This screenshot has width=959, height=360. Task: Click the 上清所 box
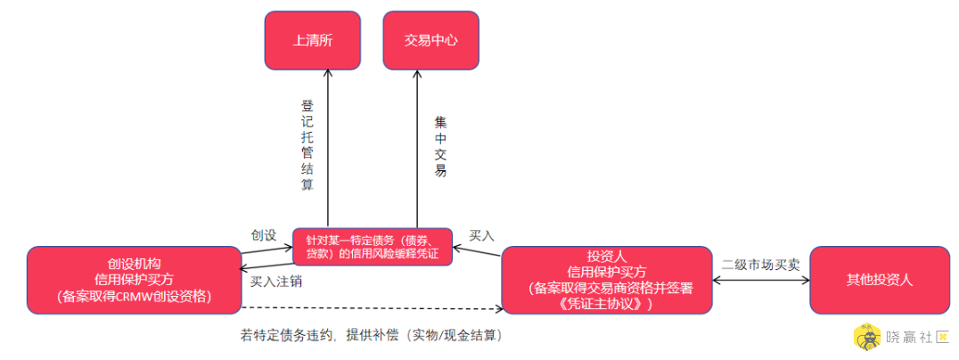(313, 40)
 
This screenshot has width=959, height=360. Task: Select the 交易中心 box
(430, 40)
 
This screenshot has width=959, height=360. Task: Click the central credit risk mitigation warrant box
(373, 247)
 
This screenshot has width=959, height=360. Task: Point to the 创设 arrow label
(264, 235)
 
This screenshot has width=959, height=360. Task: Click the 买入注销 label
(275, 283)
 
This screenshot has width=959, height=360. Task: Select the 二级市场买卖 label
(761, 266)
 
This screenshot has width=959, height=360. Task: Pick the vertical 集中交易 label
(440, 145)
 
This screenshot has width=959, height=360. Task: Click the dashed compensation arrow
(373, 308)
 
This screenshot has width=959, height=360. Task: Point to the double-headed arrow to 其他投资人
(761, 281)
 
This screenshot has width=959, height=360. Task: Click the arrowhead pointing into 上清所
(328, 73)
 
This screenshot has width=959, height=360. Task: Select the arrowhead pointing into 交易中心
(417, 73)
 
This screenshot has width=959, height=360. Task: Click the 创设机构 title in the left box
(133, 264)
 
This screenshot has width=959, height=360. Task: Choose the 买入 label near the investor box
(481, 235)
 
